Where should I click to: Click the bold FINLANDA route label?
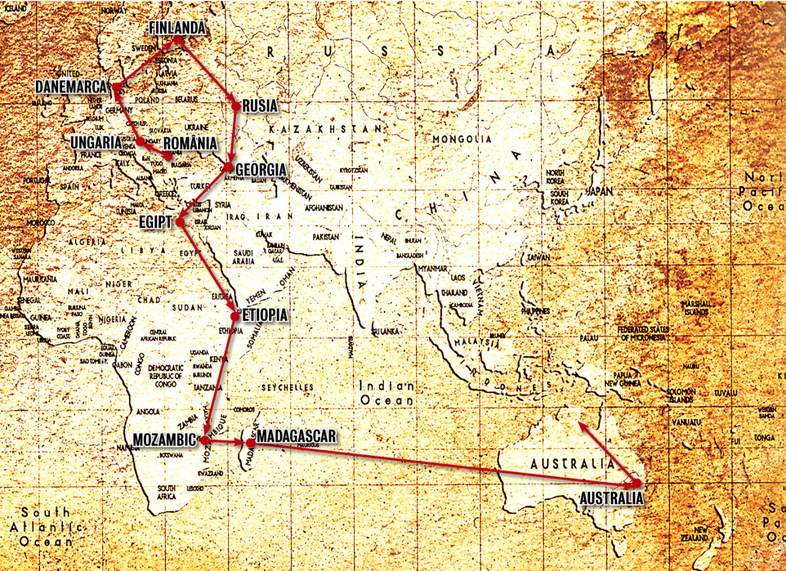(177, 28)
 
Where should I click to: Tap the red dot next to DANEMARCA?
(115, 87)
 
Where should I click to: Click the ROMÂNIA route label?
(190, 143)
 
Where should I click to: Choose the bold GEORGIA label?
(261, 170)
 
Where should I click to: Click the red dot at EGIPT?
(180, 222)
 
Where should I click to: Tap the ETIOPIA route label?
(265, 316)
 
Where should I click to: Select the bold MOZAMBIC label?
(164, 439)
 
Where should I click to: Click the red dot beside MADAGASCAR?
(250, 443)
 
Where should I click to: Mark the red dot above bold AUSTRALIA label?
(636, 483)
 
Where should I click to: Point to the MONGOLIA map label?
(462, 139)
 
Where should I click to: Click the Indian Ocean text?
(386, 394)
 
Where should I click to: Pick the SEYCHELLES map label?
(288, 388)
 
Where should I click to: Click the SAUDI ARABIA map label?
(244, 257)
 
